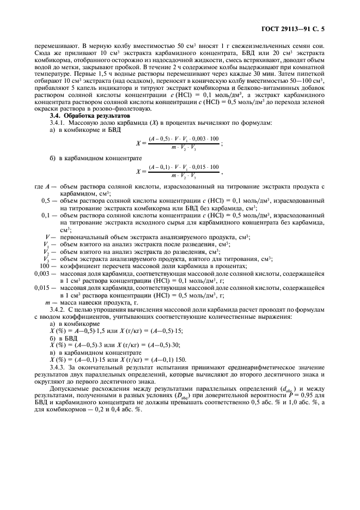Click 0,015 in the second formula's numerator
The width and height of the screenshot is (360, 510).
click(198, 167)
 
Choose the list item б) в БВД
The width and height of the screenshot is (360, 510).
click(64, 338)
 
